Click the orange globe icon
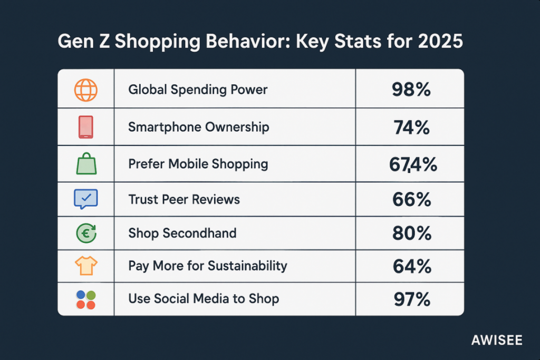[85, 90]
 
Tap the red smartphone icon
[85, 127]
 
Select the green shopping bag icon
[85, 163]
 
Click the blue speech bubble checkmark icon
[85, 199]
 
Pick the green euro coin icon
[85, 233]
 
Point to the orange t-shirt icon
[85, 266]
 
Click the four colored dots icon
[85, 299]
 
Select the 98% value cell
[411, 90]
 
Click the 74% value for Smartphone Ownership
[411, 127]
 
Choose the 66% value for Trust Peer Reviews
[411, 199]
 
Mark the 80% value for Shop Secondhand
[411, 233]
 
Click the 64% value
[411, 266]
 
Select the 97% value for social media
[411, 299]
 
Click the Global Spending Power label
[198, 90]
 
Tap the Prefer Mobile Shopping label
[198, 164]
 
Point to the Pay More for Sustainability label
[208, 266]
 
